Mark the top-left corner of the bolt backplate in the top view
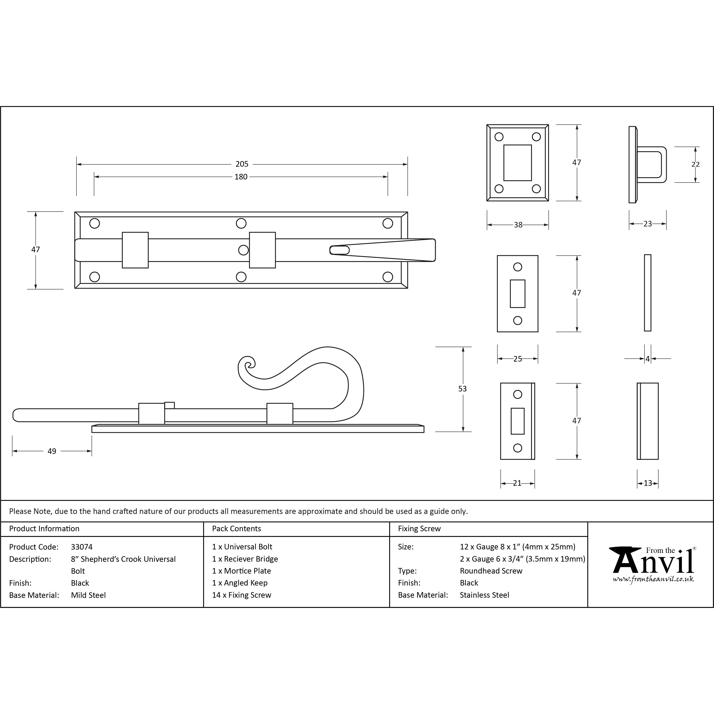tap(75, 212)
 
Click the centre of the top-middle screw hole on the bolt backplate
tap(241, 223)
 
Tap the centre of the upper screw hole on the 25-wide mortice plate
tap(517, 267)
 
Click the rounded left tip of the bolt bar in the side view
tap(14, 415)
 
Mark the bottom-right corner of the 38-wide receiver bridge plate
tap(548, 201)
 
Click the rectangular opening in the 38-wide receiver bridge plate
tap(517, 163)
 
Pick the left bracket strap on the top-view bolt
tap(135, 250)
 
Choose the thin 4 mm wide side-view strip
tap(647, 293)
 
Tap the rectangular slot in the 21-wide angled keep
tap(517, 421)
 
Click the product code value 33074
tap(82, 547)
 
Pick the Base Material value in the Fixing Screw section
tap(484, 595)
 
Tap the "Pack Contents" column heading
tap(237, 528)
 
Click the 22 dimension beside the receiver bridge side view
tap(695, 164)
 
